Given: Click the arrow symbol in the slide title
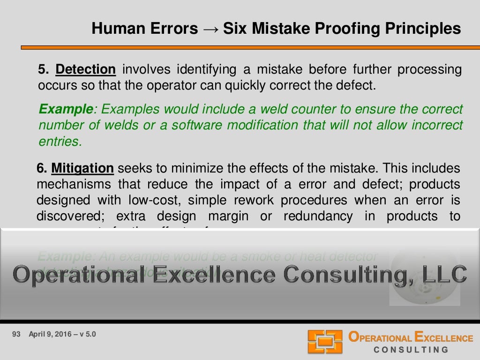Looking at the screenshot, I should (x=210, y=29).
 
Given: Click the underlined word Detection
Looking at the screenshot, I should (x=85, y=70).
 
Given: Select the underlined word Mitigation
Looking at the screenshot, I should (x=82, y=168).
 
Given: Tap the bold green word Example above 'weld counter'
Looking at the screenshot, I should (x=66, y=110).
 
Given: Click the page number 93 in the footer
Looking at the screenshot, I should (x=16, y=335).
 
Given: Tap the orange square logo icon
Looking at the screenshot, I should (x=324, y=342).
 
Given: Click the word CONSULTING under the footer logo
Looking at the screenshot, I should (x=411, y=350).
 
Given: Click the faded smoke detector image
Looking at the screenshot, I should (x=424, y=277).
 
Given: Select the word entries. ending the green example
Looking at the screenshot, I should (x=60, y=142).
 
